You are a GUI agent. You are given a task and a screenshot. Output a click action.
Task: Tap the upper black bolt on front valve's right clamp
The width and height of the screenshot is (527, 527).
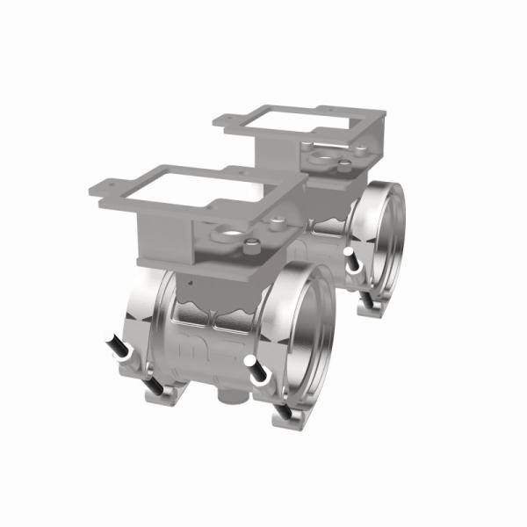257,374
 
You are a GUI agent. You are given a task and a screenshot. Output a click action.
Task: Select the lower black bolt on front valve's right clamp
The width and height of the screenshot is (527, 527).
284,411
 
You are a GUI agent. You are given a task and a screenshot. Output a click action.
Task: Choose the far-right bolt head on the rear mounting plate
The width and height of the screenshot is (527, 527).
348,163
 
